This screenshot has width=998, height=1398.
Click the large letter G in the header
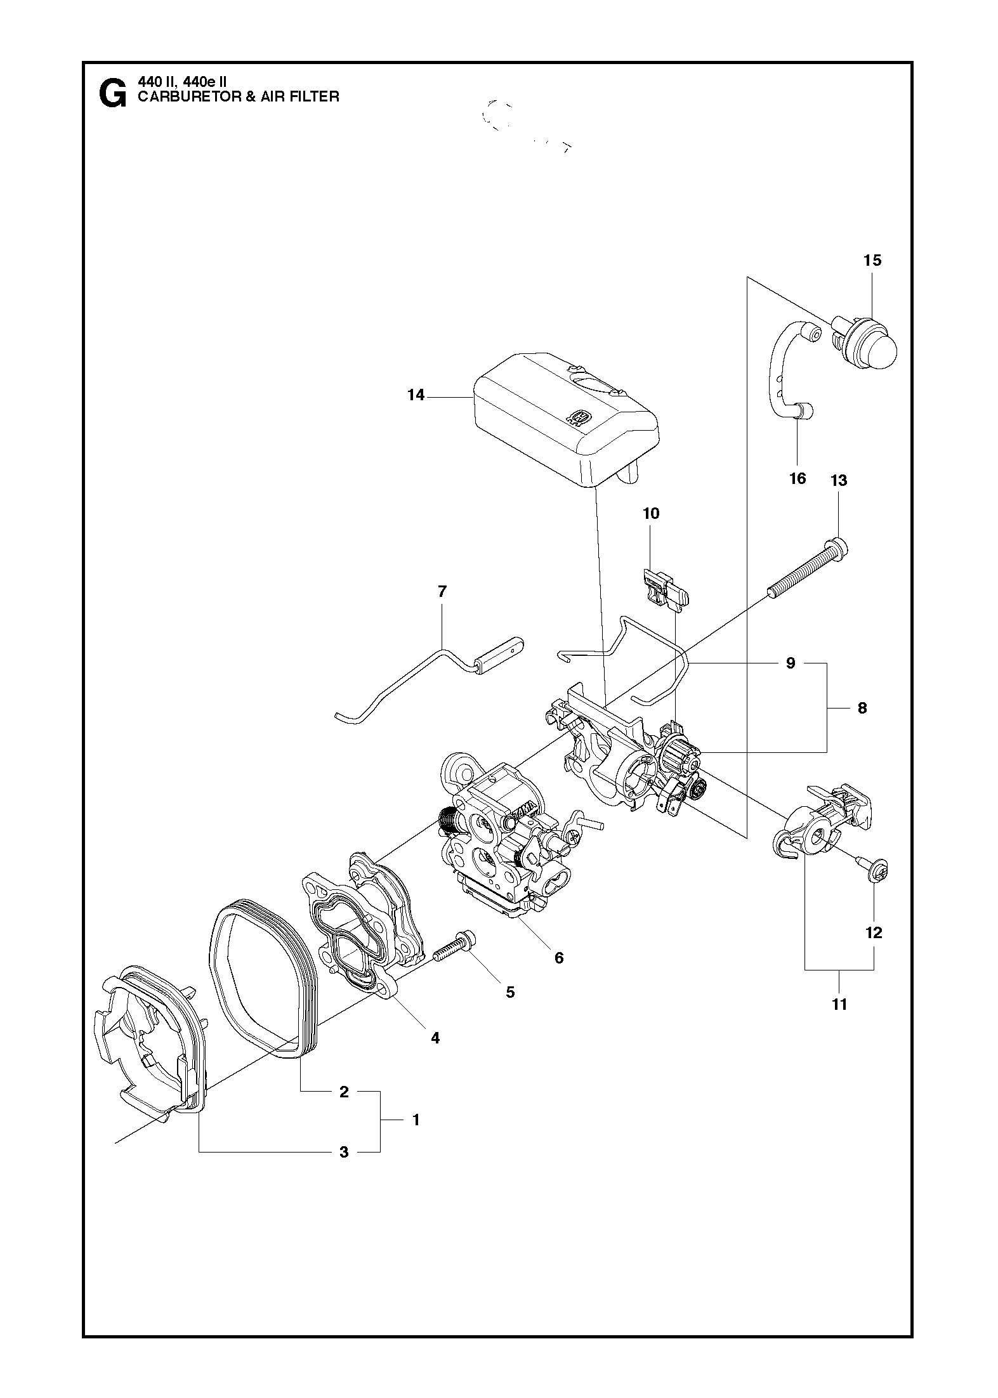(x=112, y=95)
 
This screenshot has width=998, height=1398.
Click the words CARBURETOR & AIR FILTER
(x=239, y=97)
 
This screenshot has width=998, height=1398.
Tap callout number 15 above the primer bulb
(x=872, y=260)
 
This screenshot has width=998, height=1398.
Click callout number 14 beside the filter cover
(x=416, y=395)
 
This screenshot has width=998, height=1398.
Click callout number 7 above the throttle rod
(x=442, y=592)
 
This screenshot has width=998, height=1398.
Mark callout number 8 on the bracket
(x=862, y=708)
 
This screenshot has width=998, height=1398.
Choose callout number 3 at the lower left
(x=344, y=1152)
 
